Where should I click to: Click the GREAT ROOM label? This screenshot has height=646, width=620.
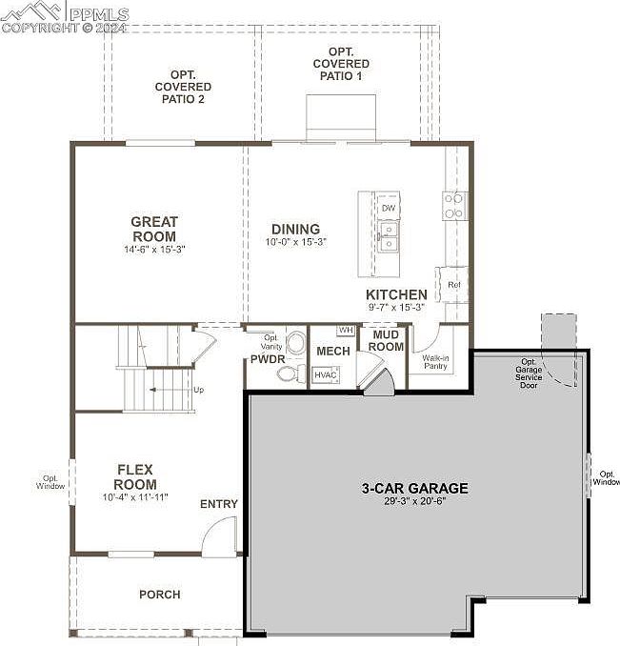pos(154,229)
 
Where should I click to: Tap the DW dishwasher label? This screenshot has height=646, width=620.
pos(389,208)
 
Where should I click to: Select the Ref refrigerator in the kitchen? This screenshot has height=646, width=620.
pos(452,285)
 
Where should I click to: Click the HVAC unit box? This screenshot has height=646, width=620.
pos(326,374)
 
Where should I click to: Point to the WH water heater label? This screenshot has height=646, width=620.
pos(346,330)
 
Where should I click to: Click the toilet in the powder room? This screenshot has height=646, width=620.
pos(290,373)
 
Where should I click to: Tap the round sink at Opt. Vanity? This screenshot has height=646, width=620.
pos(296,342)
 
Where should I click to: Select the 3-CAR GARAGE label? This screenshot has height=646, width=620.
pos(414,488)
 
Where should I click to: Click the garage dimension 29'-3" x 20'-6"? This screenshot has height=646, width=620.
pos(414,501)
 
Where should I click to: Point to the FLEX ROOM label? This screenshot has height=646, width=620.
pos(135,476)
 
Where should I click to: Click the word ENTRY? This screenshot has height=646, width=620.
pos(219,504)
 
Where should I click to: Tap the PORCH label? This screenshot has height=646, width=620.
pos(160,595)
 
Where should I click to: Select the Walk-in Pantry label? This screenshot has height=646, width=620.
pos(435,362)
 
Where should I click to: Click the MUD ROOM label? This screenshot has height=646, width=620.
pos(386,341)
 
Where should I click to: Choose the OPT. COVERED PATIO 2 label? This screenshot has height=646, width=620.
pos(183,87)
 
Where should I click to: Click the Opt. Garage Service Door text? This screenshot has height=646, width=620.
pos(529,373)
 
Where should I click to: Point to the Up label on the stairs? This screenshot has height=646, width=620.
pos(198,390)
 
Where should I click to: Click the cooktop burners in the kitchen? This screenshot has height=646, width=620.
pos(454,206)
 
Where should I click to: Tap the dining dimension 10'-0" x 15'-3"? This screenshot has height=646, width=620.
pos(296,242)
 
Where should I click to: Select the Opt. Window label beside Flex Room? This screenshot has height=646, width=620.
pos(50,482)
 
